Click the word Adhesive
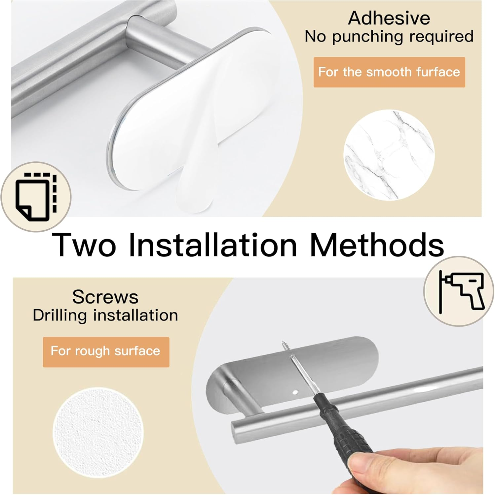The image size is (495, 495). pyautogui.click(x=389, y=18)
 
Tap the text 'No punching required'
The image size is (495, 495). pyautogui.click(x=389, y=37)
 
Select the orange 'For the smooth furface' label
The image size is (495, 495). pyautogui.click(x=389, y=72)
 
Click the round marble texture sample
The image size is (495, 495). pyautogui.click(x=389, y=155)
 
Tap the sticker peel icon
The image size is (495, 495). pyautogui.click(x=36, y=197)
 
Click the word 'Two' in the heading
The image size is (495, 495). pyautogui.click(x=84, y=245)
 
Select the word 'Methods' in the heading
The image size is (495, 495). pyautogui.click(x=377, y=245)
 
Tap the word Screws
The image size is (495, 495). pyautogui.click(x=105, y=297)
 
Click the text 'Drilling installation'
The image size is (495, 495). pyautogui.click(x=105, y=315)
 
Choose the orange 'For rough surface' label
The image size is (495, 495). pyautogui.click(x=106, y=351)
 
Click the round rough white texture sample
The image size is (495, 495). pyautogui.click(x=98, y=432)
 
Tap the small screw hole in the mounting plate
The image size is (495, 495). pyautogui.click(x=295, y=392)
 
